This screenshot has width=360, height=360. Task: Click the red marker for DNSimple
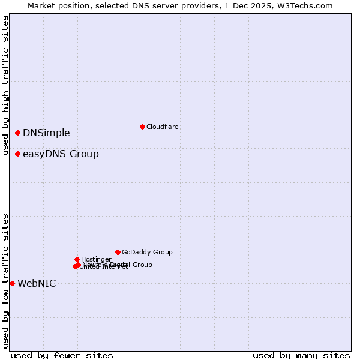18,133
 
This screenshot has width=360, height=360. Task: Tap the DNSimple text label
46,133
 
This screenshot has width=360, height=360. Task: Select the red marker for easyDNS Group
18,154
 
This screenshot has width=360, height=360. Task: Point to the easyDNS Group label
61,154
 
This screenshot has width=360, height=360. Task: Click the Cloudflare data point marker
142,127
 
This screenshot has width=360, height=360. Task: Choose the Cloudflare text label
162,127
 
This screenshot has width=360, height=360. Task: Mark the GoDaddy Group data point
118,252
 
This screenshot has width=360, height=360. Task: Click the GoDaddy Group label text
147,252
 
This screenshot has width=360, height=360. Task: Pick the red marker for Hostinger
77,259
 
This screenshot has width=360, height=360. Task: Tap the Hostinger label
96,259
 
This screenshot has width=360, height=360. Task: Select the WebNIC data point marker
12,283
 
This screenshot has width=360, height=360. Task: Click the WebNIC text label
37,284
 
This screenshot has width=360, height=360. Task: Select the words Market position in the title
56,5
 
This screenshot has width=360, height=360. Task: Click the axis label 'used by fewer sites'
62,355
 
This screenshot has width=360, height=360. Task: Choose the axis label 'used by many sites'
301,355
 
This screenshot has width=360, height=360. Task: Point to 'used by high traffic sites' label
5,86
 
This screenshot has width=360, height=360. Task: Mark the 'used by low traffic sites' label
5,281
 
